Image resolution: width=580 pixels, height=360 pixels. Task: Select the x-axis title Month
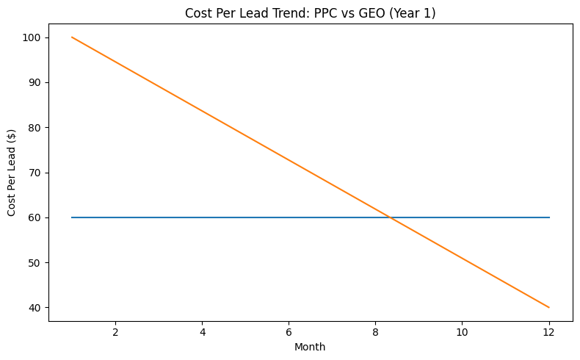pos(310,346)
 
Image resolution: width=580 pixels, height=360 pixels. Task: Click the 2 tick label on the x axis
pos(115,331)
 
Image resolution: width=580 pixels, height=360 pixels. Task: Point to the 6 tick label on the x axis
pos(289,331)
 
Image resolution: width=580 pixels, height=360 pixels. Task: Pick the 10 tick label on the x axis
pos(462,331)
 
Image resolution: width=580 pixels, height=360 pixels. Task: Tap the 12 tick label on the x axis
pos(548,331)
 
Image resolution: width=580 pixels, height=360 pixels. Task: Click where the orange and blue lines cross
pos(390,217)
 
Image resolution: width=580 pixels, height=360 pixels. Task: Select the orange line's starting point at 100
pos(72,37)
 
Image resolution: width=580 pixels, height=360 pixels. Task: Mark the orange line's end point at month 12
pos(548,307)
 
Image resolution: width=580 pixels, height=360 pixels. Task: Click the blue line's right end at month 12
pos(548,217)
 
